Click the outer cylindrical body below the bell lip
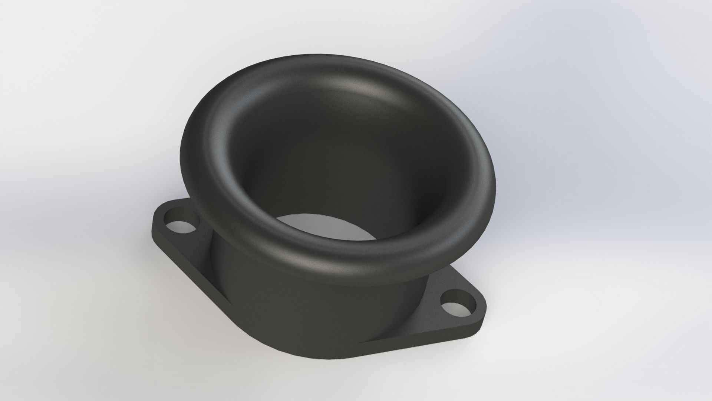(282, 297)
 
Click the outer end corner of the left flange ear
(156, 219)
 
